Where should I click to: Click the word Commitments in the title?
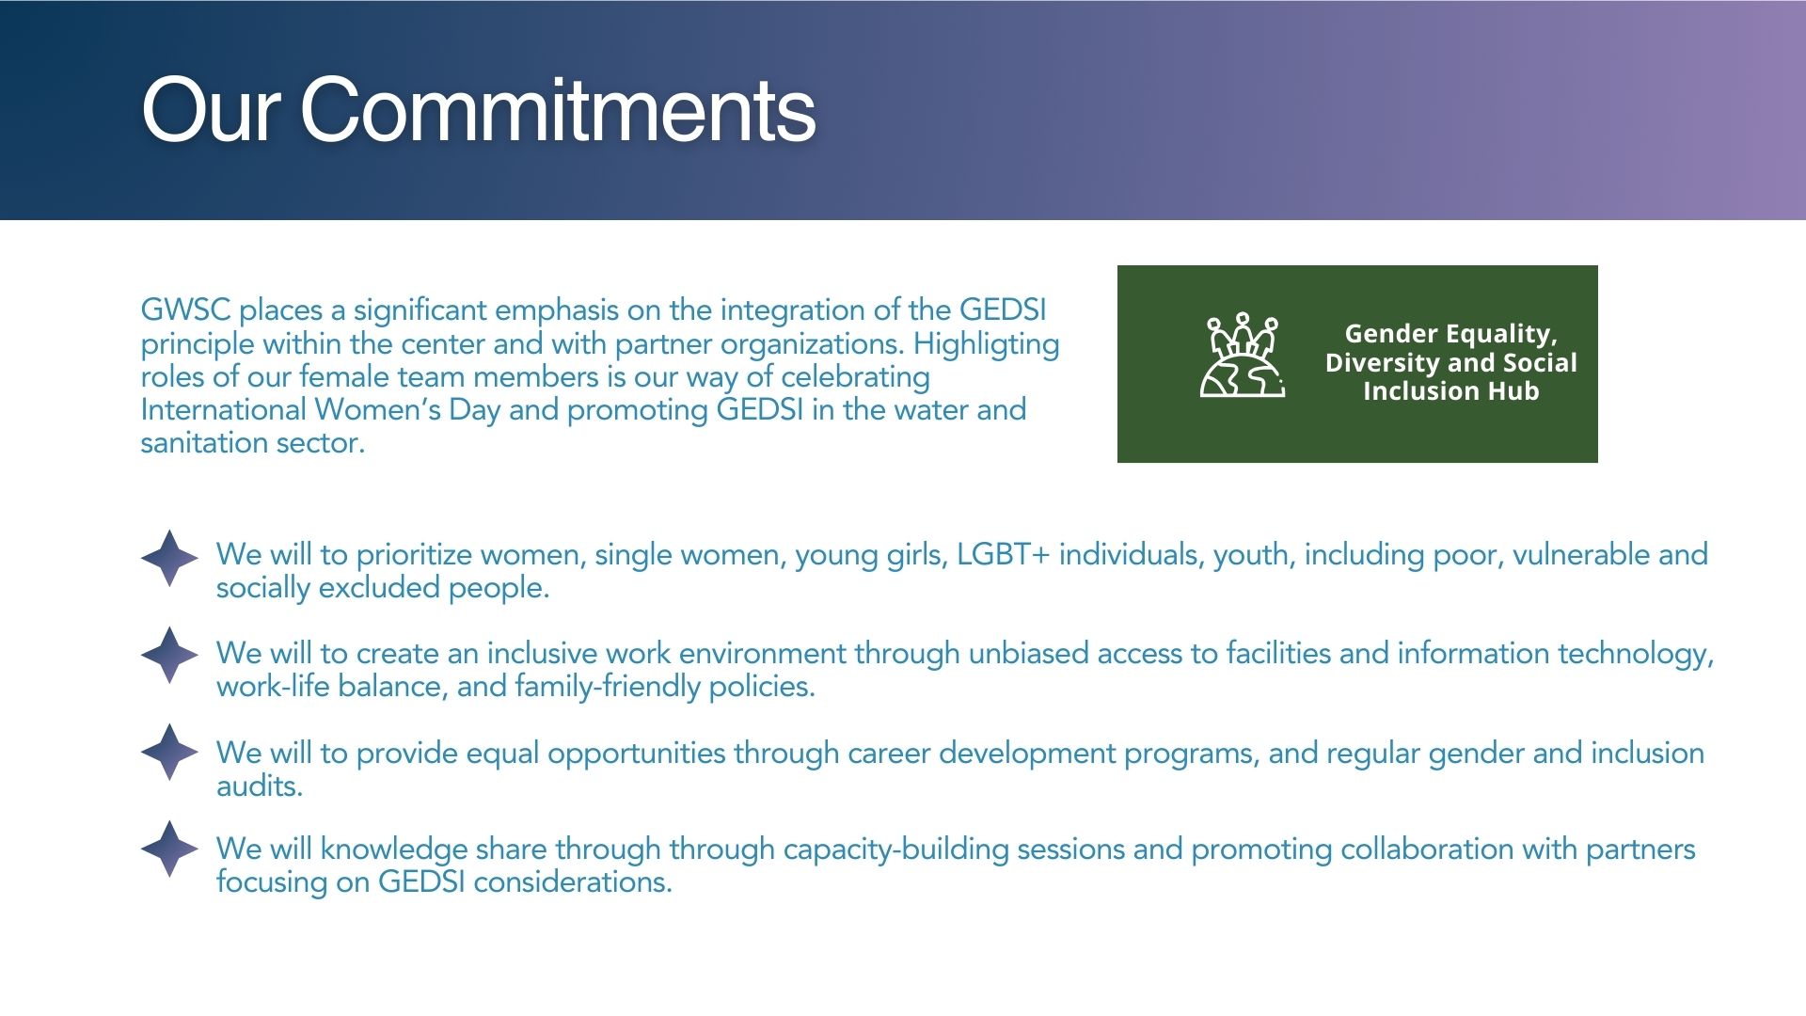coord(558,110)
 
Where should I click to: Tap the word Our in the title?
coord(211,110)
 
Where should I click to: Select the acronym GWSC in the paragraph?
coord(185,310)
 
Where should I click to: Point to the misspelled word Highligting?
coord(987,345)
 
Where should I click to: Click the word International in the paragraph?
coord(223,409)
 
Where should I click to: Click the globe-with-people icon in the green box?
coord(1243,355)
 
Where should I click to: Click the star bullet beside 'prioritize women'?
coord(169,558)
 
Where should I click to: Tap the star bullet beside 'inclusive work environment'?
coord(169,655)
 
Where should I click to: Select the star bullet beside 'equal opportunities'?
coord(169,752)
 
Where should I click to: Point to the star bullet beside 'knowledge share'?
coord(169,849)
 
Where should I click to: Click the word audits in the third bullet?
coord(258,786)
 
